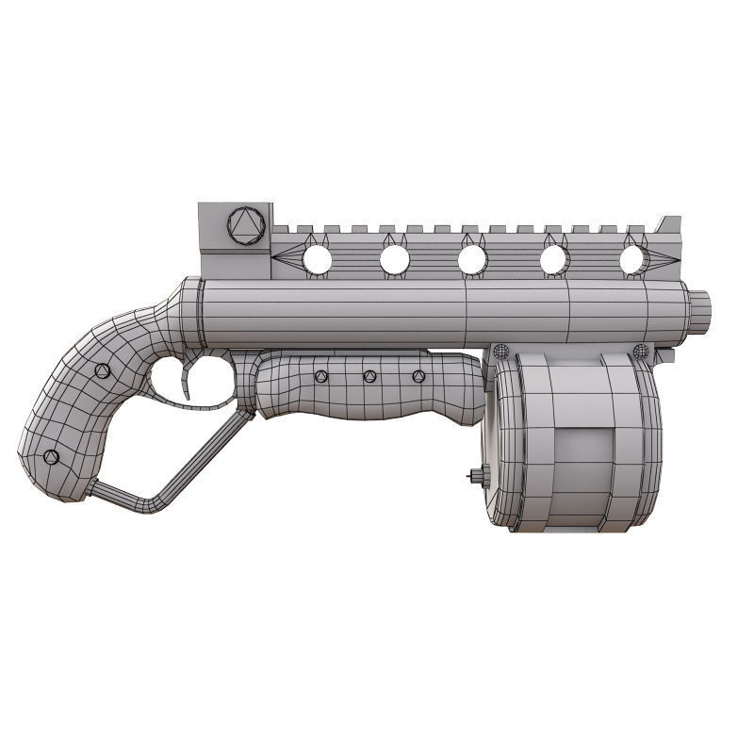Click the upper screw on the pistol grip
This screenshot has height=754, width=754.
point(103,370)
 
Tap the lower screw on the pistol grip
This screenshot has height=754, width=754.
point(52,457)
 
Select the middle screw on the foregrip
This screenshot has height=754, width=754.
point(369,377)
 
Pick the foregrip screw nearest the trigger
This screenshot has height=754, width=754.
point(319,378)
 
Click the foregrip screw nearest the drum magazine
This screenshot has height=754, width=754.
point(418,376)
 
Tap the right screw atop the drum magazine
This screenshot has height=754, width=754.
point(641,352)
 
